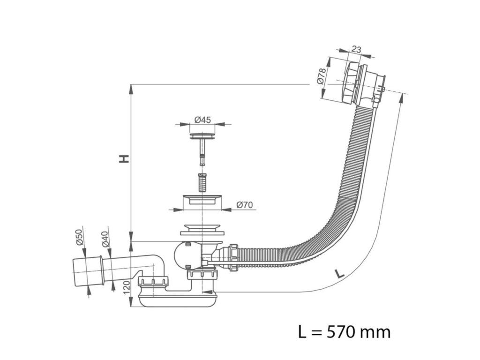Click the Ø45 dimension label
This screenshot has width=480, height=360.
pos(202,120)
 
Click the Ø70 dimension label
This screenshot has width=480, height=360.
pos(245,204)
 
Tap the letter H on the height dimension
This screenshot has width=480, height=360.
pos(124,159)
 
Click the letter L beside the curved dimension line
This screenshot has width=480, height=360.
pos(341,273)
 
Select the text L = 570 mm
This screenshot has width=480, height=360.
pos(344,332)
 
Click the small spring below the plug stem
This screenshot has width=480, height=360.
pos(202,182)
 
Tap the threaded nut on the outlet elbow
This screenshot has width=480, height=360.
pos(153,282)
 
